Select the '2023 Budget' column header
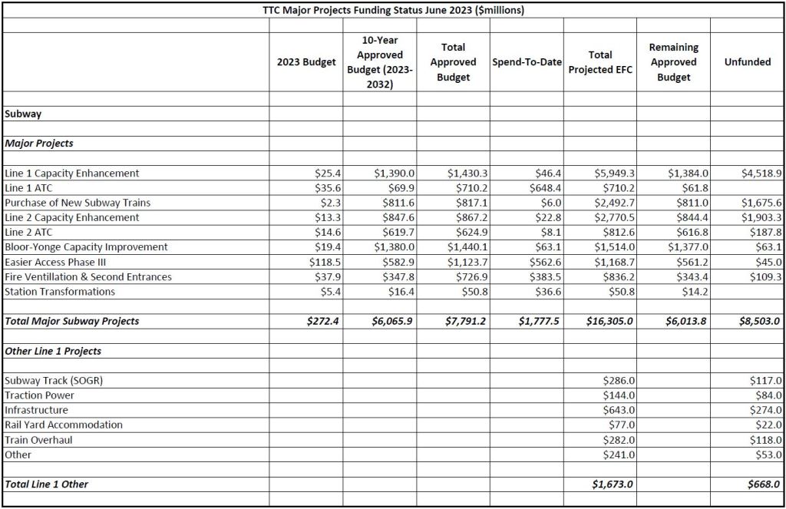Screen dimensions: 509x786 [x=305, y=62]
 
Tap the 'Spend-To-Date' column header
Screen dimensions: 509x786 [x=527, y=62]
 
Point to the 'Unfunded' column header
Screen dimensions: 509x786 [x=747, y=62]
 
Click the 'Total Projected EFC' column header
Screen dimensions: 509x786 [x=600, y=62]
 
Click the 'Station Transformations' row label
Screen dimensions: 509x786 [x=60, y=292]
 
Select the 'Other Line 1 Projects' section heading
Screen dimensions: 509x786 [x=53, y=351]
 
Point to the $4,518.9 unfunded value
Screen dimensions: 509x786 [x=761, y=174]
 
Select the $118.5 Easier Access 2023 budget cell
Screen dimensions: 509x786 [x=322, y=262]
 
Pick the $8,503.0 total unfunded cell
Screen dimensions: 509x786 [x=759, y=322]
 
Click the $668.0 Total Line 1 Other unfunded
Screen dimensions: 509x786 [x=764, y=484]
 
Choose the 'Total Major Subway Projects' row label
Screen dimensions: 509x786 [x=72, y=322]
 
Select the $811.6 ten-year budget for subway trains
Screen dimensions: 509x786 [x=398, y=203]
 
